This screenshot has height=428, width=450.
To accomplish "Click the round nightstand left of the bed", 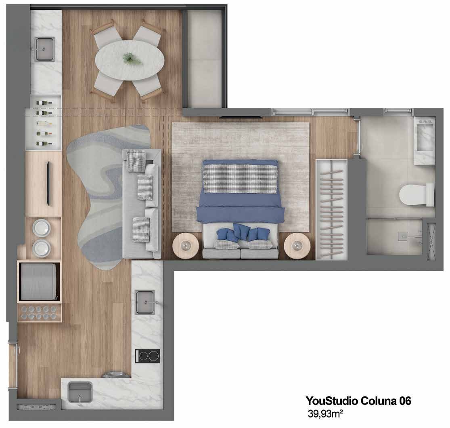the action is click(186, 246).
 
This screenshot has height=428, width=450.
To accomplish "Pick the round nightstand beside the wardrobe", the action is click(297, 246).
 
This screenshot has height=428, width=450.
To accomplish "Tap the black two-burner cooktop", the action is click(148, 356).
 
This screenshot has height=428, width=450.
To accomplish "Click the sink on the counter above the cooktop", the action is click(145, 302).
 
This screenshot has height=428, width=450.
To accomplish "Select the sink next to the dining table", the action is click(45, 49).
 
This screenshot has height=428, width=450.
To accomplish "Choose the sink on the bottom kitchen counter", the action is click(80, 392).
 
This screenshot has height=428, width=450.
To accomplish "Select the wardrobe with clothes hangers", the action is click(331, 209).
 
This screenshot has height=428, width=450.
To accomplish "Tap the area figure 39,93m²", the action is click(325, 413).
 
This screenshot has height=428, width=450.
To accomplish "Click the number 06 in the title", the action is click(405, 401).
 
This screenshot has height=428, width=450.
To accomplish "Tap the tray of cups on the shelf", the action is click(40, 313).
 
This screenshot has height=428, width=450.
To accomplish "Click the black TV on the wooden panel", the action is click(48, 183).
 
